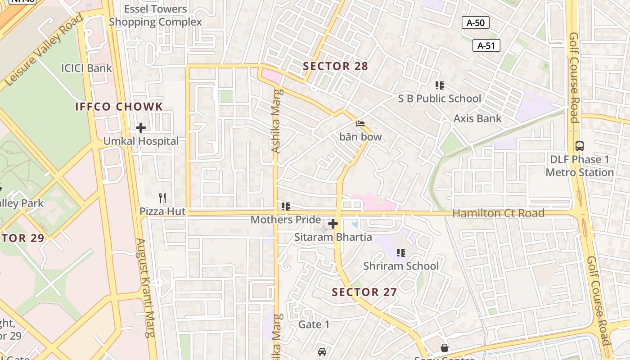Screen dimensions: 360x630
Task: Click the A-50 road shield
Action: click(476, 22)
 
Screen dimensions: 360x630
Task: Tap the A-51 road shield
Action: click(486, 45)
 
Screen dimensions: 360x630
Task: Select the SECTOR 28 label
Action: click(335, 67)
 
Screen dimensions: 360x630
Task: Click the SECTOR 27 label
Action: click(364, 292)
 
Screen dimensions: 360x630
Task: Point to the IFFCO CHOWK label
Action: click(119, 107)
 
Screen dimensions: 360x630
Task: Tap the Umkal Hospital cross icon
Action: click(141, 128)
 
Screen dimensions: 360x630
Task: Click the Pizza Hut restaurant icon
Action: click(162, 198)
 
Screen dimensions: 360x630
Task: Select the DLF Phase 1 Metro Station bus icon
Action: click(580, 146)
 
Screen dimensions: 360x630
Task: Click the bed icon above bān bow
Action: click(360, 123)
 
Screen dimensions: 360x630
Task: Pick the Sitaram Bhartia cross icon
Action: click(333, 223)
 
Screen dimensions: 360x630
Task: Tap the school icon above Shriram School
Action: click(400, 253)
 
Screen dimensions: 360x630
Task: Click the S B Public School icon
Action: click(440, 85)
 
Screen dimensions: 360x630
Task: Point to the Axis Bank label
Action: click(477, 118)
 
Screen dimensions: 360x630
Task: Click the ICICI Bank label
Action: click(86, 68)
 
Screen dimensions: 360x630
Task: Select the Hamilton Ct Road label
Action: click(498, 213)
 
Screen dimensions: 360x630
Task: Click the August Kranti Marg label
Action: click(146, 288)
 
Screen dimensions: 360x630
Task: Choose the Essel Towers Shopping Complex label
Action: click(155, 15)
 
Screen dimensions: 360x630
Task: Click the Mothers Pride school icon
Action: click(285, 207)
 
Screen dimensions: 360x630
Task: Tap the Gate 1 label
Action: click(314, 324)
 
